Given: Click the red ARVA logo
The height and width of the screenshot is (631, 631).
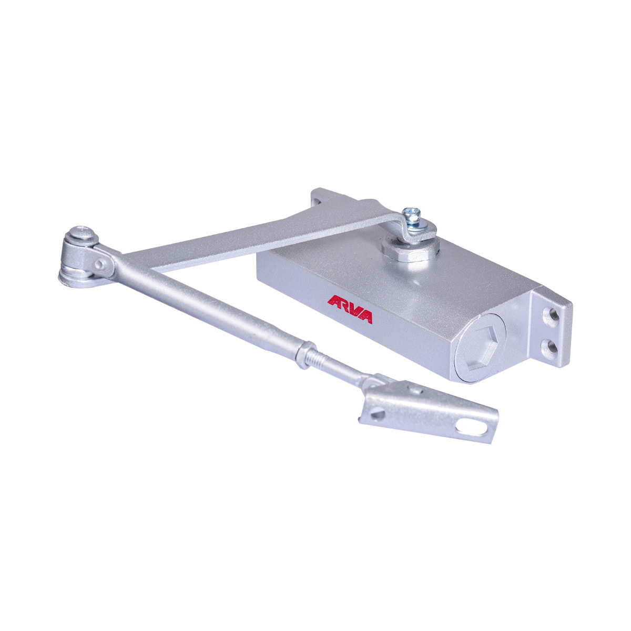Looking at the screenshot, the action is coord(350,309).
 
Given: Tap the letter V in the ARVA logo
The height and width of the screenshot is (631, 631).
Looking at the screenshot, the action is coord(354,310).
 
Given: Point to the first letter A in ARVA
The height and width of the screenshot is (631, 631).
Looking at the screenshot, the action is coord(334,301).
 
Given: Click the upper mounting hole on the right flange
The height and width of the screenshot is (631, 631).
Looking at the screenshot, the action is coord(552,314).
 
